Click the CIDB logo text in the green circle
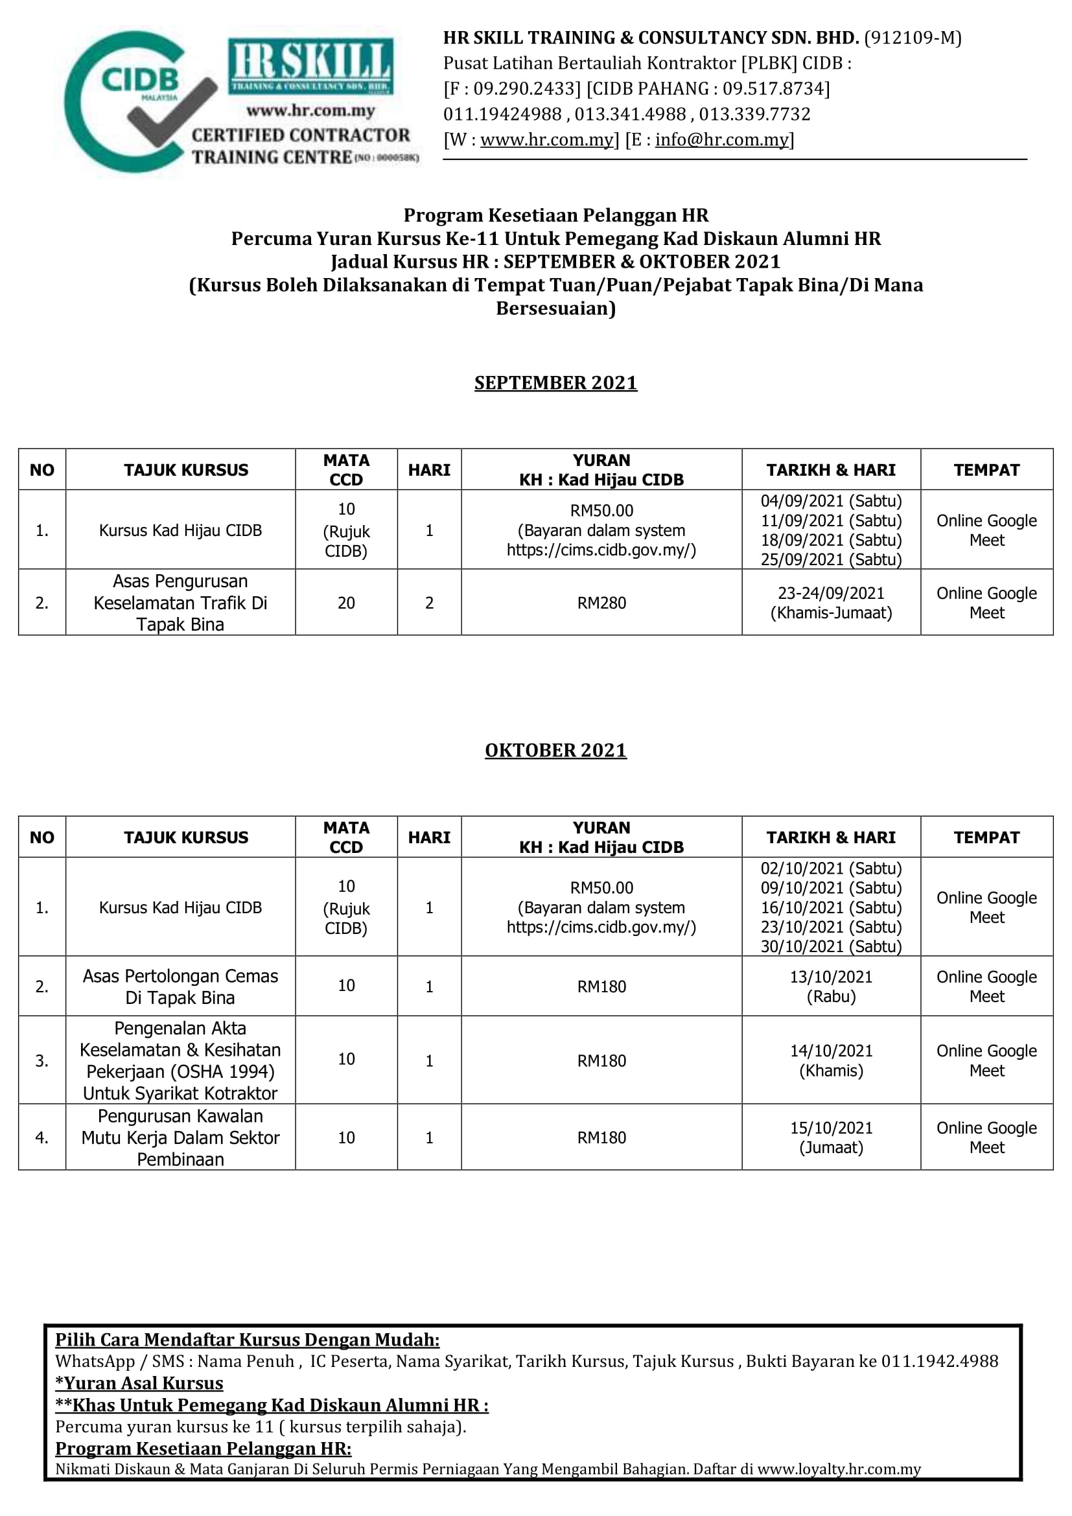[x=139, y=80]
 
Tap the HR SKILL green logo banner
[x=310, y=65]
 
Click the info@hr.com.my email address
[x=721, y=140]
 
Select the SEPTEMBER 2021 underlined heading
[x=555, y=383]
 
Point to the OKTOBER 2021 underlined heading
[x=555, y=750]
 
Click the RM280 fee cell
[x=601, y=603]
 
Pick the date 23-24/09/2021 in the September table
[x=830, y=594]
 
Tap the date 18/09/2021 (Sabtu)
[x=830, y=540]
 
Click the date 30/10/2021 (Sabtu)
[x=830, y=946]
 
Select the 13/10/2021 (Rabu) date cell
[x=830, y=986]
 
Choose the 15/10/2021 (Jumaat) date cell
[x=830, y=1137]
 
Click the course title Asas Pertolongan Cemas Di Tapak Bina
[x=180, y=986]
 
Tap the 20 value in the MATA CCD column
[x=346, y=603]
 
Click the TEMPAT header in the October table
[x=986, y=837]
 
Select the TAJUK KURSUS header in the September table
[x=186, y=470]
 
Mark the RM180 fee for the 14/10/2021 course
[x=601, y=1060]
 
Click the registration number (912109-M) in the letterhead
[x=913, y=38]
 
